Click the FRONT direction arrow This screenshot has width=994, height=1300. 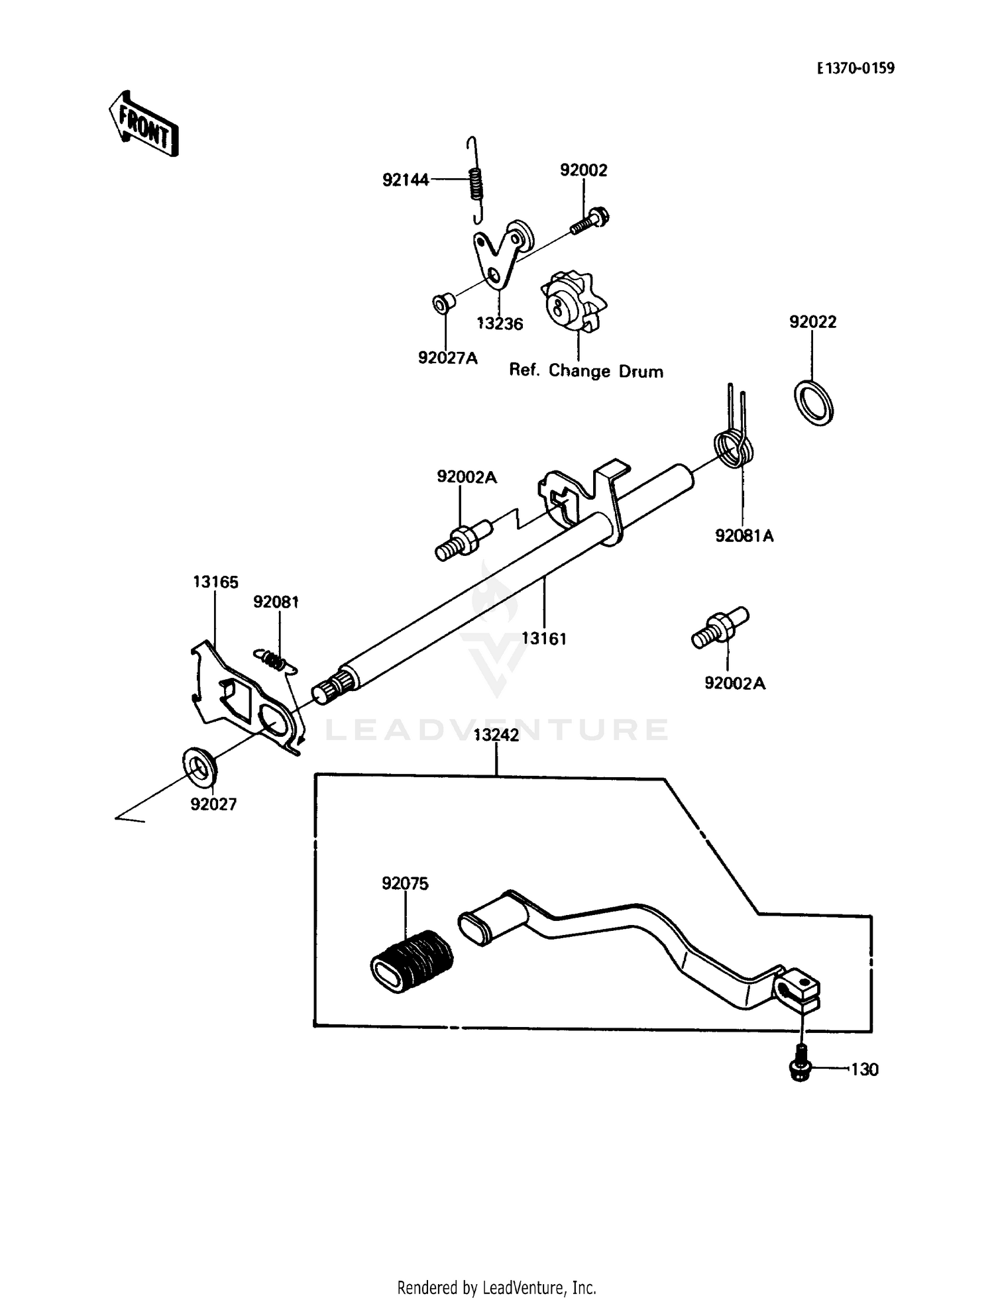point(144,124)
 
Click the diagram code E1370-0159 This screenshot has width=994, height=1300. point(855,68)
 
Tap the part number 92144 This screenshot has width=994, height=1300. point(406,180)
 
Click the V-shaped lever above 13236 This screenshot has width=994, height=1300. point(497,257)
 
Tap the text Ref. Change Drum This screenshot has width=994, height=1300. point(586,371)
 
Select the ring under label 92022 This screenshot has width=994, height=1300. point(813,402)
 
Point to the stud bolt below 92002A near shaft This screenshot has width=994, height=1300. point(462,540)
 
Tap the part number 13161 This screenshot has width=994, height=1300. point(543,639)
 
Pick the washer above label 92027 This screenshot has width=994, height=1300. point(199,765)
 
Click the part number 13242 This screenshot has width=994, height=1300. point(496,735)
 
